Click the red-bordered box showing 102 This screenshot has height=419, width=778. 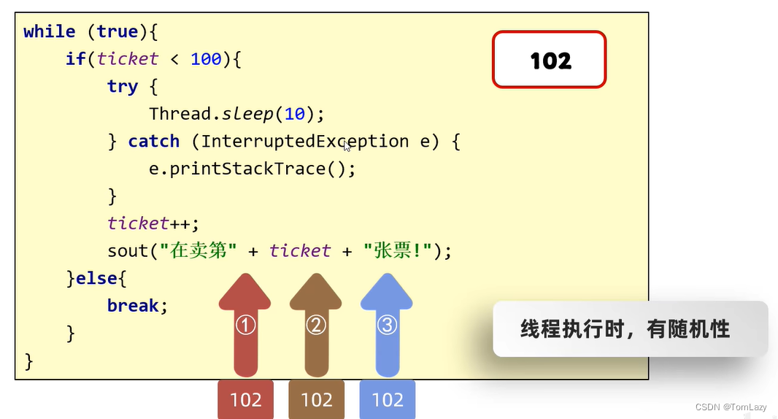pyautogui.click(x=550, y=60)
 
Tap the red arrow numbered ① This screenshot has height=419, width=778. pyautogui.click(x=245, y=325)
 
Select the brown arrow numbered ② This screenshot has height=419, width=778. pyautogui.click(x=316, y=325)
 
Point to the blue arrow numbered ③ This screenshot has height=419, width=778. pyautogui.click(x=387, y=325)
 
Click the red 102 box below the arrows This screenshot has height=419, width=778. pyautogui.click(x=246, y=399)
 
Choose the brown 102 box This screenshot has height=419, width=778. pyautogui.click(x=317, y=399)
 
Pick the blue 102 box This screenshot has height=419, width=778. pyautogui.click(x=388, y=399)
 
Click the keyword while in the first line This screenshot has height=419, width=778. pyautogui.click(x=49, y=32)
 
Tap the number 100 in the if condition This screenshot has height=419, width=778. pyautogui.click(x=206, y=59)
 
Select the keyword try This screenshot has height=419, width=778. pyautogui.click(x=123, y=87)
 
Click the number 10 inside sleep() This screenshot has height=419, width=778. pyautogui.click(x=295, y=114)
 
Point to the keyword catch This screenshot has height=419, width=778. pyautogui.click(x=154, y=142)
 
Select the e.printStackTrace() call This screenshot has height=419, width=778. pyautogui.click(x=252, y=169)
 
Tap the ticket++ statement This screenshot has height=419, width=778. pyautogui.click(x=153, y=223)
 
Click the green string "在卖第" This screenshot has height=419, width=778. pyautogui.click(x=198, y=250)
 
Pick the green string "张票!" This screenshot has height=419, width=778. pyautogui.click(x=398, y=250)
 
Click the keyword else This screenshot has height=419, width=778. pyautogui.click(x=97, y=279)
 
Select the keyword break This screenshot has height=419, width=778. pyautogui.click(x=133, y=306)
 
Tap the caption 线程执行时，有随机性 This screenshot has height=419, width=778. pyautogui.click(x=625, y=328)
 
